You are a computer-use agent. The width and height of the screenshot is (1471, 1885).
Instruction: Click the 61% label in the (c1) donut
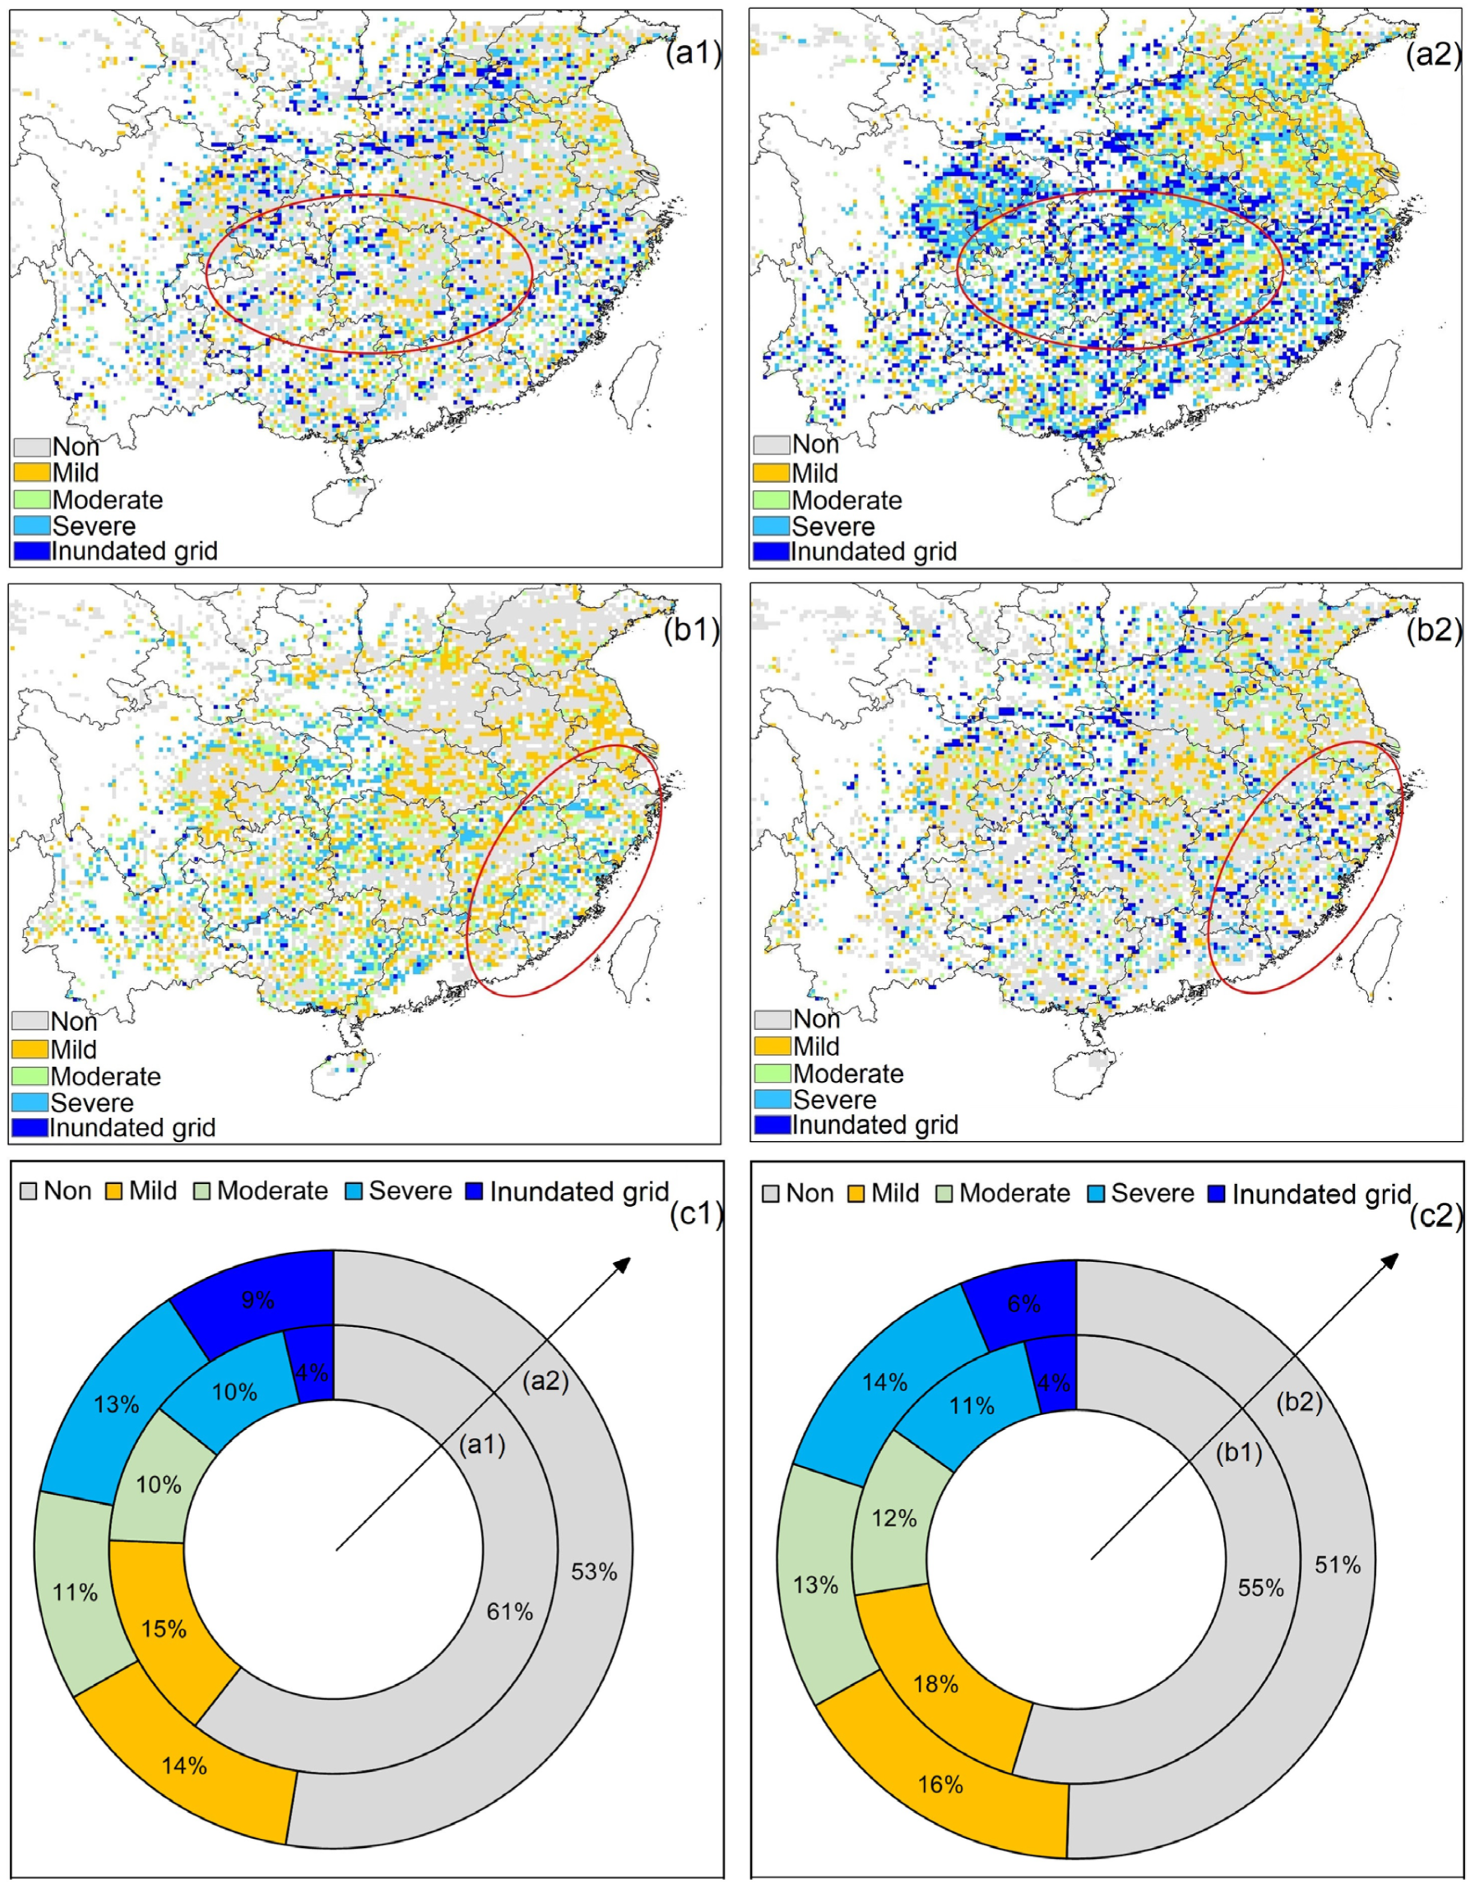click(x=510, y=1611)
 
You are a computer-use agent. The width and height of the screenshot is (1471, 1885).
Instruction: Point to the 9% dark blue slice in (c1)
click(x=257, y=1299)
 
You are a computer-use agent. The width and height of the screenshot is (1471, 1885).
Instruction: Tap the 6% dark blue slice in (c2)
click(x=1024, y=1303)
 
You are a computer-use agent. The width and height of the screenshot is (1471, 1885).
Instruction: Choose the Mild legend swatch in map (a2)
click(x=771, y=473)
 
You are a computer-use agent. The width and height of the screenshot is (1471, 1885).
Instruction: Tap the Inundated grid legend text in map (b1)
click(x=132, y=1127)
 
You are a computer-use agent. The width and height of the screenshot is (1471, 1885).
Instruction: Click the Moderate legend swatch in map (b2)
click(x=772, y=1074)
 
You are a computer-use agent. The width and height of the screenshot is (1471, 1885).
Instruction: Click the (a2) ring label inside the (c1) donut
click(x=545, y=1382)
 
